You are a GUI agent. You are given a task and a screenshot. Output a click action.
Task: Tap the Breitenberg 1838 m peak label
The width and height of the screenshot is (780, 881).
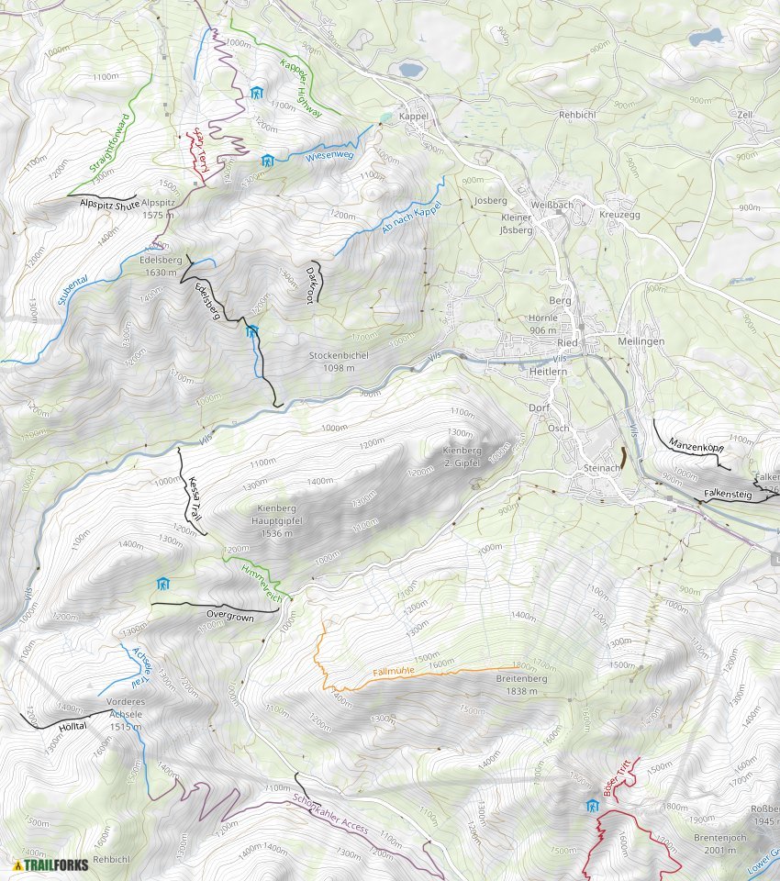(521, 685)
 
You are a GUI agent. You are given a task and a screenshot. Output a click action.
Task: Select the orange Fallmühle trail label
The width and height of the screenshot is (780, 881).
(395, 672)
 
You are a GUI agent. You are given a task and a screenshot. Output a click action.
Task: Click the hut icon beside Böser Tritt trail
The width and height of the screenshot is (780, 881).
(592, 806)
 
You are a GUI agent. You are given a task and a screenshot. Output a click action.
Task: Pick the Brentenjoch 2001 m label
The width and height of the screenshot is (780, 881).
(718, 845)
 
